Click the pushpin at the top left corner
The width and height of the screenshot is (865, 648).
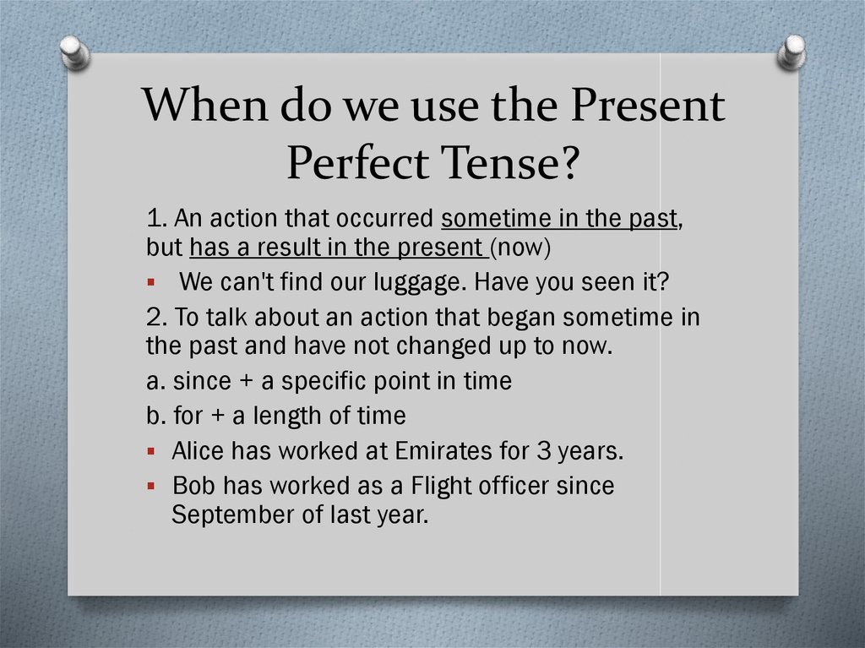click(75, 52)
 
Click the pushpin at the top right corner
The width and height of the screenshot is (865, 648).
click(792, 52)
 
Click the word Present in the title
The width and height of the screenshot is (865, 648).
click(648, 105)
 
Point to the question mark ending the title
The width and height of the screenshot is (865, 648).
click(565, 163)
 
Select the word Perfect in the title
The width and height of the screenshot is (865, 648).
click(357, 163)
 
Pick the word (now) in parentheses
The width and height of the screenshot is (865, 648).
click(520, 248)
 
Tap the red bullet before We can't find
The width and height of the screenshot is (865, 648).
click(151, 283)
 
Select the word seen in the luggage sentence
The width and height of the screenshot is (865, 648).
click(607, 283)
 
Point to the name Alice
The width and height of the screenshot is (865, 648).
click(198, 451)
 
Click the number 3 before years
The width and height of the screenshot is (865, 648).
click(544, 451)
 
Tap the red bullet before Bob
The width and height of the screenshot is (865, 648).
click(151, 487)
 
